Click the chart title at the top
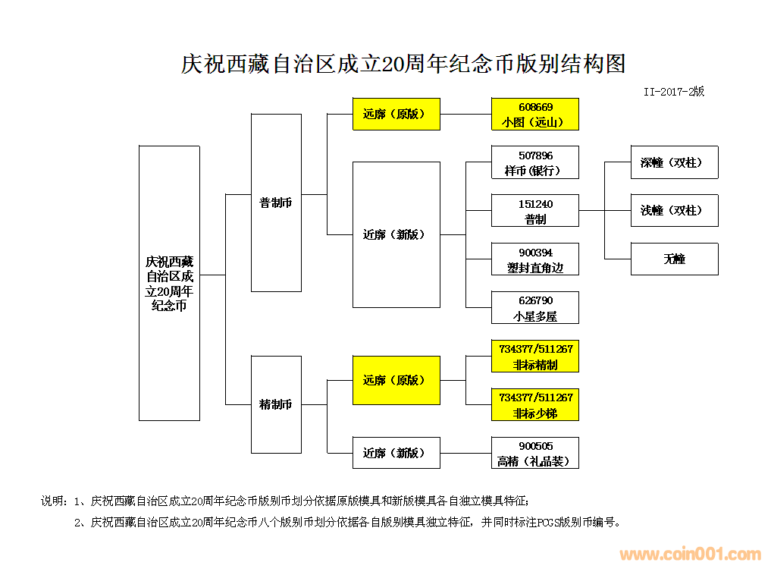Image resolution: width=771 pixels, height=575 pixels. tap(403, 64)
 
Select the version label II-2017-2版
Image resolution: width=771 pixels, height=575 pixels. tap(673, 91)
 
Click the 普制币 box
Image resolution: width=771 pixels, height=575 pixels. tap(276, 203)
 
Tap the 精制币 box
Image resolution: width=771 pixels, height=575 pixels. tap(276, 404)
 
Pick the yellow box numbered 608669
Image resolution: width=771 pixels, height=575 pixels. tap(534, 114)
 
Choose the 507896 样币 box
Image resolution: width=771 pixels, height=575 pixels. tap(534, 162)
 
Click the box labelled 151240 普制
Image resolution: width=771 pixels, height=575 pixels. tap(534, 211)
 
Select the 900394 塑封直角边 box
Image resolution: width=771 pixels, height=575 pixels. tap(534, 259)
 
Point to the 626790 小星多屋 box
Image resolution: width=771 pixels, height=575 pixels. tap(534, 308)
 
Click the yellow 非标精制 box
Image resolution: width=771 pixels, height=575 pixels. tap(534, 357)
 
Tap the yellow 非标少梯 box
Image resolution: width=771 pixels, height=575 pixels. tap(534, 405)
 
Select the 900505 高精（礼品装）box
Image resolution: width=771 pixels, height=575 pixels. tap(534, 453)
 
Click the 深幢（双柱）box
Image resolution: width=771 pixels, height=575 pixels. tap(674, 162)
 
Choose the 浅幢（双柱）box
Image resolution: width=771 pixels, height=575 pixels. tap(674, 210)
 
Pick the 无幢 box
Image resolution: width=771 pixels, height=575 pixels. tap(674, 259)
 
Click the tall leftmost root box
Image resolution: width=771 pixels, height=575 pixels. tap(169, 283)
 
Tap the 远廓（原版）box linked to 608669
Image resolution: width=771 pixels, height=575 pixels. tap(396, 114)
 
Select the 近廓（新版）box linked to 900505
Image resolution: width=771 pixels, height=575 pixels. tap(396, 453)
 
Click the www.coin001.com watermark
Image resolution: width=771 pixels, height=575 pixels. tap(689, 555)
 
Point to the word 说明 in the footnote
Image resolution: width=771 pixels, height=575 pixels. tap(52, 501)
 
